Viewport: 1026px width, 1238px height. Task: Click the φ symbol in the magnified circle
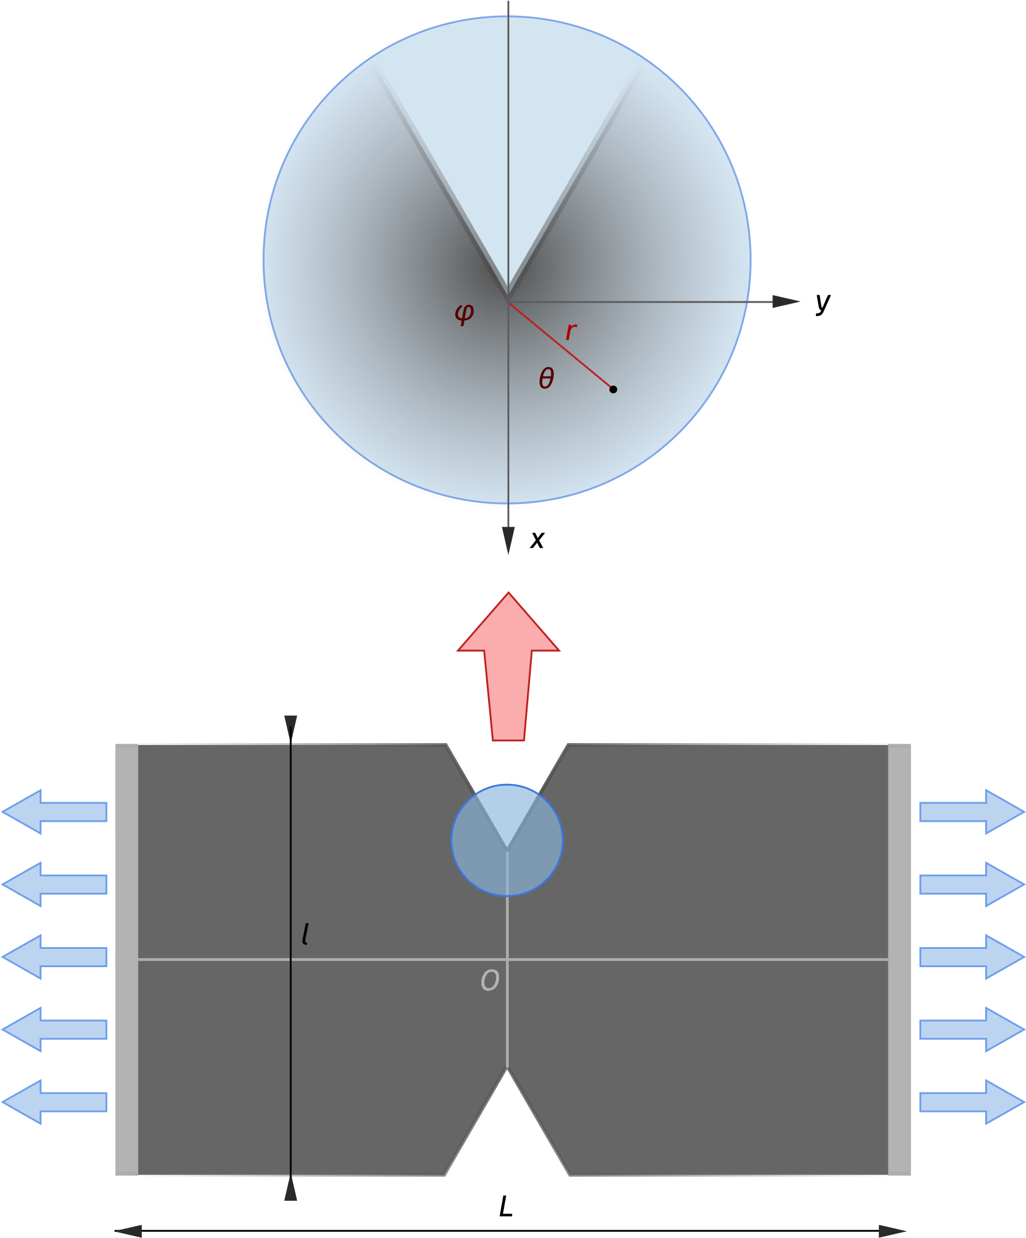464,313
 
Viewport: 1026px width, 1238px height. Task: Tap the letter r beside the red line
570,332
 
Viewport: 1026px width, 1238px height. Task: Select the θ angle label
546,379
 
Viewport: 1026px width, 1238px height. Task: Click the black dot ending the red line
613,389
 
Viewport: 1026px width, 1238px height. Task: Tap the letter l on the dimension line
305,934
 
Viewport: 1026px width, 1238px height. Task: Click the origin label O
490,981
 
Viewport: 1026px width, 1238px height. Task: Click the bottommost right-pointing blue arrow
972,1102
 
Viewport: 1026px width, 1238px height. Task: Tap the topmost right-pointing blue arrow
972,811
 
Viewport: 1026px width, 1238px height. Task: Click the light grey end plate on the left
127,959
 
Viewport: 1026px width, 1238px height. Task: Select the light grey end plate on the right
899,959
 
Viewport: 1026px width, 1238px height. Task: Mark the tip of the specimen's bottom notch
508,1070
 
